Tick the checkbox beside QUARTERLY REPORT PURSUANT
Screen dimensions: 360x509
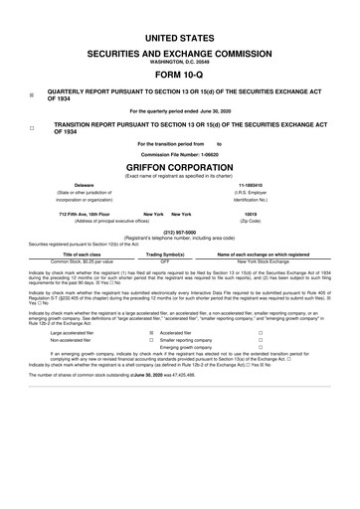point(32,95)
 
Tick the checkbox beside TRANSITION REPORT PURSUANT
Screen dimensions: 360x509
point(32,129)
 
